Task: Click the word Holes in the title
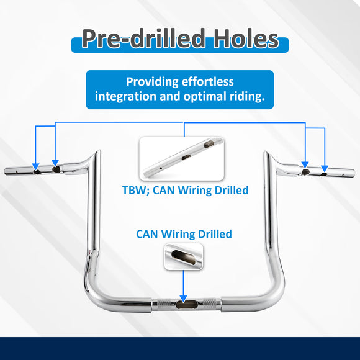tap(246, 38)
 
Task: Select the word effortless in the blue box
tap(207, 82)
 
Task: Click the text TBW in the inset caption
tap(135, 191)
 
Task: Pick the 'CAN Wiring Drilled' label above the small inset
tap(184, 234)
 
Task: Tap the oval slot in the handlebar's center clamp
tap(186, 305)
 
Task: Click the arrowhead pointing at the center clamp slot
tap(183, 299)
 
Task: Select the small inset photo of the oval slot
tap(184, 256)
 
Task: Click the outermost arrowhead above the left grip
tap(35, 167)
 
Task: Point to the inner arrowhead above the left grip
tap(55, 163)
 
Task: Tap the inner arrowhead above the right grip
tap(305, 165)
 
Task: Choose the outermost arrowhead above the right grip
tap(325, 169)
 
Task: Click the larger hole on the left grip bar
tap(56, 169)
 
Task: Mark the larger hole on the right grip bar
tap(305, 172)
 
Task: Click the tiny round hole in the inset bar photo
tap(161, 168)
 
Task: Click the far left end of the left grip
tap(6, 171)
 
